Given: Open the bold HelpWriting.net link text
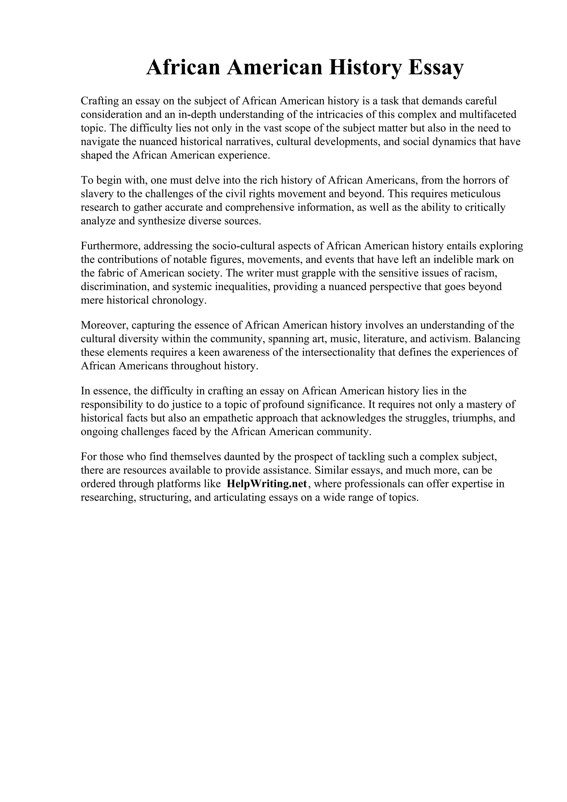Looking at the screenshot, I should [x=267, y=484].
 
